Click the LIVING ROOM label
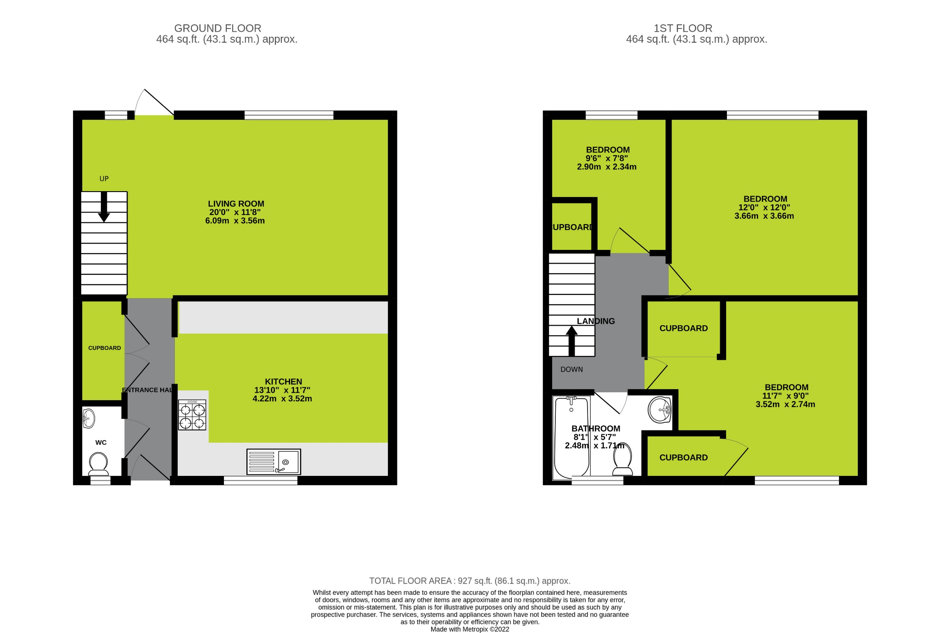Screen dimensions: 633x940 point(236,204)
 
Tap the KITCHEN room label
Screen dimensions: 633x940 point(283,382)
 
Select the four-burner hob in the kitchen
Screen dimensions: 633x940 point(192,415)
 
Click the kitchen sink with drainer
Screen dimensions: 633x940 point(274,462)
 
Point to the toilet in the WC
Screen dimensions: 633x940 point(98,464)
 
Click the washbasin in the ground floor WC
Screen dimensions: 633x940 point(89,418)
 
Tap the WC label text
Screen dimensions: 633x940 point(101,443)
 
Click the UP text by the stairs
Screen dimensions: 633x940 point(104,179)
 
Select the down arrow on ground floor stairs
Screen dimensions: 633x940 point(104,207)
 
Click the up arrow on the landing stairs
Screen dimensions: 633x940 point(571,340)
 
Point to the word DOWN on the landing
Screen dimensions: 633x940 point(571,369)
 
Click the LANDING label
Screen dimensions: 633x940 point(596,321)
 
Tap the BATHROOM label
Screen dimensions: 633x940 point(596,429)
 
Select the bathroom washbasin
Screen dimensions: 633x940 point(660,409)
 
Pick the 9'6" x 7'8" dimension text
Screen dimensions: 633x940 point(606,158)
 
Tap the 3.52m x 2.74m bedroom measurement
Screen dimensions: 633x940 point(785,405)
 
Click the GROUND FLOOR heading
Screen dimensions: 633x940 point(218,28)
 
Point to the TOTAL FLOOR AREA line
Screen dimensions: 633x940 point(470,581)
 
